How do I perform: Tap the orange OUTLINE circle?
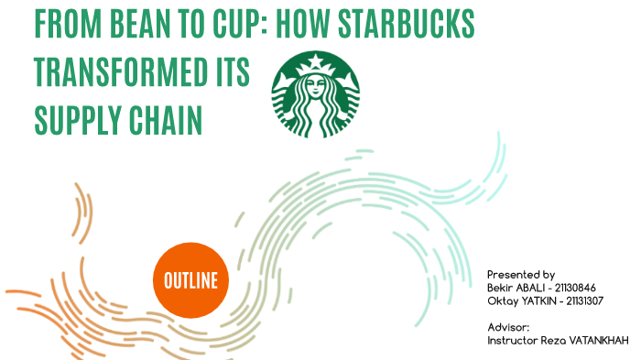190,280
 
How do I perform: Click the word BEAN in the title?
153,26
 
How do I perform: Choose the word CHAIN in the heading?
169,119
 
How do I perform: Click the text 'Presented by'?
520,275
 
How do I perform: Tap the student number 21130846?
575,288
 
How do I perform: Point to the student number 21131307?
583,300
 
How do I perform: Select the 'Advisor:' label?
508,327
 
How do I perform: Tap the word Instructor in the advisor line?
511,340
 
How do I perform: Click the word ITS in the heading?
230,72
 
